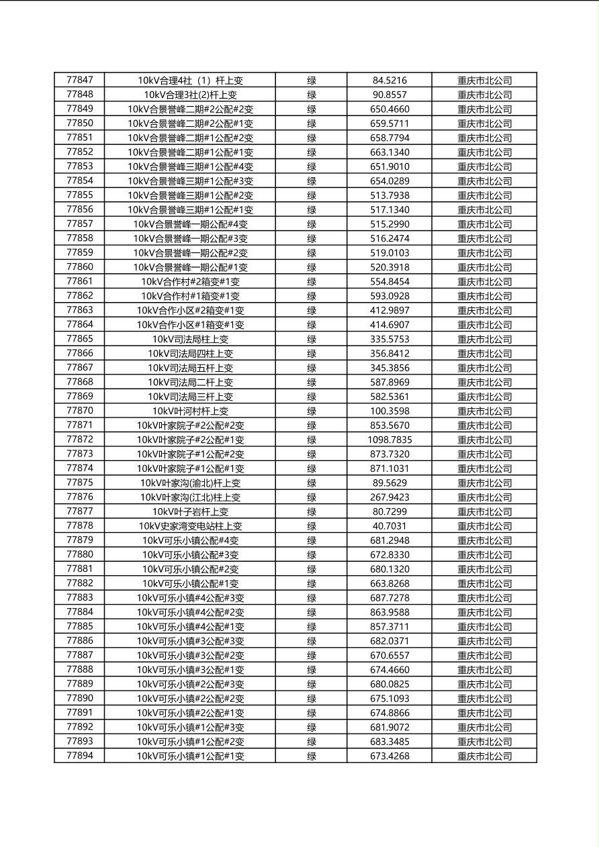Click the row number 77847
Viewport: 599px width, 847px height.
(80, 80)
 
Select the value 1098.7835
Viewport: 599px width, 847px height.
(389, 440)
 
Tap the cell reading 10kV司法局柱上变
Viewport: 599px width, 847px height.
(190, 339)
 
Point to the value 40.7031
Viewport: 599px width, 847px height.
(389, 526)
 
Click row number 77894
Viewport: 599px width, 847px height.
(80, 756)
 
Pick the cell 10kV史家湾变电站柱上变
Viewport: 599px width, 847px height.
(190, 526)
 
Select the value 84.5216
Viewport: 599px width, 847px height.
(389, 80)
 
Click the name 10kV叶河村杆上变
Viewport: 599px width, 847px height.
(190, 411)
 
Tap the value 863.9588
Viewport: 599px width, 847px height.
(389, 612)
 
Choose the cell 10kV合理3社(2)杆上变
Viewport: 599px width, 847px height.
(190, 95)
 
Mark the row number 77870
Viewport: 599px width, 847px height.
(80, 411)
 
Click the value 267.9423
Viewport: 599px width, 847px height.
(389, 497)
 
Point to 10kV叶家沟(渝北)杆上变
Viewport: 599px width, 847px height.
(190, 483)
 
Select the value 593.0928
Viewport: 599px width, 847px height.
(389, 296)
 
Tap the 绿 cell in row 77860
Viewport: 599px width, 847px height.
(312, 267)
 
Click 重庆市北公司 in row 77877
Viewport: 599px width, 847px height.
(484, 511)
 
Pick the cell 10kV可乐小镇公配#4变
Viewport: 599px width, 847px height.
(190, 540)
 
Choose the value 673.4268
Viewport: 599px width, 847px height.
(389, 756)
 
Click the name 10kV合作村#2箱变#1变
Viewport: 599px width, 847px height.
(190, 281)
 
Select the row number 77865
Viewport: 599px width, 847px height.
(80, 339)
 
